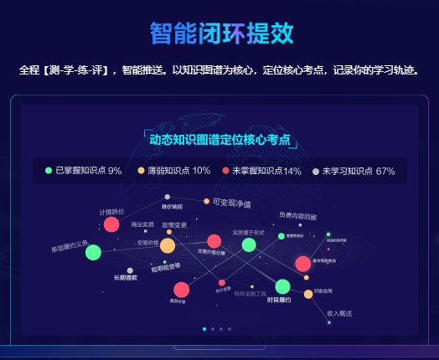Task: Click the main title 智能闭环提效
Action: click(222, 33)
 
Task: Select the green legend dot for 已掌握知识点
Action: click(49, 171)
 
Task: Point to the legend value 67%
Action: click(385, 171)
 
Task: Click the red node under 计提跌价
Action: click(111, 224)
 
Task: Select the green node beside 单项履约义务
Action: click(93, 252)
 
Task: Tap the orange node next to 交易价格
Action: click(168, 245)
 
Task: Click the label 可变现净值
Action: click(232, 203)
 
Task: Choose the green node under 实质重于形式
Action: click(249, 244)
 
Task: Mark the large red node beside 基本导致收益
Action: click(302, 264)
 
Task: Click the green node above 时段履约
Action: click(282, 286)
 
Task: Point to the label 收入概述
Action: click(339, 313)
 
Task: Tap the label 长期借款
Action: click(126, 277)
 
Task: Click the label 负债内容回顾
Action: click(298, 215)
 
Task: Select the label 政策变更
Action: click(174, 224)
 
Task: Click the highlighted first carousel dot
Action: click(204, 329)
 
